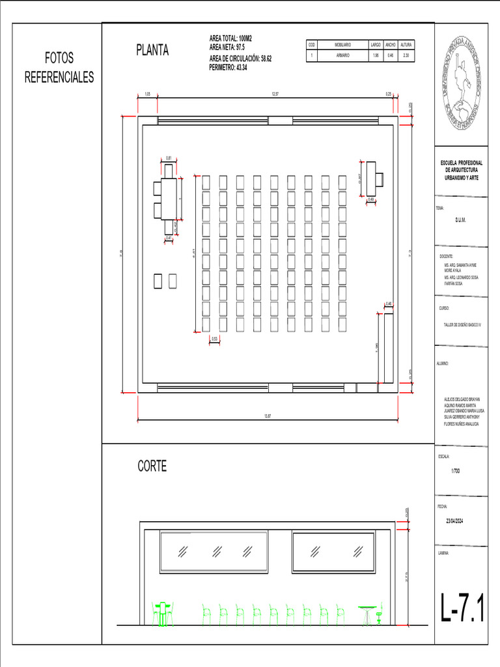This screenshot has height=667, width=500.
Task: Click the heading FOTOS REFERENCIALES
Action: click(59, 68)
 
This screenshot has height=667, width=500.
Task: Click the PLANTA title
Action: click(152, 50)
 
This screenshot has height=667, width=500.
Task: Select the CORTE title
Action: click(152, 466)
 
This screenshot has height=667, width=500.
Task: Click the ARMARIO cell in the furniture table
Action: click(342, 56)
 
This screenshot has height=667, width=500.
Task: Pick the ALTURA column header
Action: click(406, 44)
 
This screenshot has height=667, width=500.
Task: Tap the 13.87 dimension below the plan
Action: click(267, 416)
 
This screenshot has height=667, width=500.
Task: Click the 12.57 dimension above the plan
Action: click(275, 94)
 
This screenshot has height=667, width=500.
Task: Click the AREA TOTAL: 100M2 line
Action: click(230, 39)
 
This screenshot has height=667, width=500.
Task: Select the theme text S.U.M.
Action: click(460, 220)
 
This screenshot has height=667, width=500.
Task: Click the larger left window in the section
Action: click(214, 552)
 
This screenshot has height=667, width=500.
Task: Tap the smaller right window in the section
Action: click(333, 552)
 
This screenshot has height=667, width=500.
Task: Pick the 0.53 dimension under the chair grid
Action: click(214, 339)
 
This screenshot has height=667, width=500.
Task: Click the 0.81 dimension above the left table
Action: click(169, 158)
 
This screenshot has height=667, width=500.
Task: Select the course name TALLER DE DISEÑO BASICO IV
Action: click(461, 324)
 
